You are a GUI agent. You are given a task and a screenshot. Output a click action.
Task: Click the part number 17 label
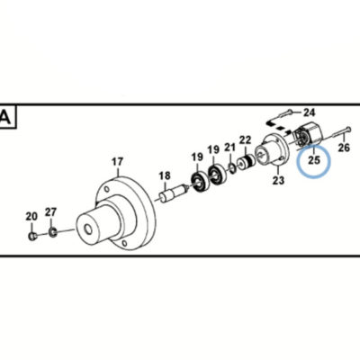[117, 162]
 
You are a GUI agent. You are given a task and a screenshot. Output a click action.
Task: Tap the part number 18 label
[165, 175]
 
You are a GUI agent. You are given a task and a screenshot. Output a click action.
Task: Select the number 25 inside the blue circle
[314, 160]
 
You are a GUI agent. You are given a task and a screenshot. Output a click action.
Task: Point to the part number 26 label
[344, 148]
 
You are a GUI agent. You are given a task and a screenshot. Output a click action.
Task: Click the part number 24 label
[310, 112]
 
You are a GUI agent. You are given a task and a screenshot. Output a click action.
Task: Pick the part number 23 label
[278, 181]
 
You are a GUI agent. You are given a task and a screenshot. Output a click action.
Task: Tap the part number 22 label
[245, 139]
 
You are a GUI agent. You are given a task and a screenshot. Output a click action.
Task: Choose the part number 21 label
[230, 147]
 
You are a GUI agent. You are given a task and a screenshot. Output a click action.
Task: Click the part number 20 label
[31, 216]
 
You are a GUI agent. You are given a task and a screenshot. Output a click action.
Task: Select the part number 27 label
[50, 212]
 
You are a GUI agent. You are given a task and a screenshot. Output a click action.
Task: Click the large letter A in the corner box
[5, 118]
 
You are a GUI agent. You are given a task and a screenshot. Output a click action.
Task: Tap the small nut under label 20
[32, 236]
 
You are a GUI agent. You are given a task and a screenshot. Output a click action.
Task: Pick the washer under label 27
[53, 232]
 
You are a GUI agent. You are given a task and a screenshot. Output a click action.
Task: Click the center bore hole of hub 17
[89, 229]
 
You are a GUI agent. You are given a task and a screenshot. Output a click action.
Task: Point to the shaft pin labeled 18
[173, 193]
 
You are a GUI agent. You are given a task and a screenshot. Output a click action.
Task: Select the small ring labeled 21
[232, 167]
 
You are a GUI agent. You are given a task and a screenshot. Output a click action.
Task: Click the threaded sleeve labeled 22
[246, 161]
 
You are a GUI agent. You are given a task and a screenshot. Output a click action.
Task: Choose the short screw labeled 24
[285, 113]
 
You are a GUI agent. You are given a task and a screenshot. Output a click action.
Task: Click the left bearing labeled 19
[198, 181]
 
